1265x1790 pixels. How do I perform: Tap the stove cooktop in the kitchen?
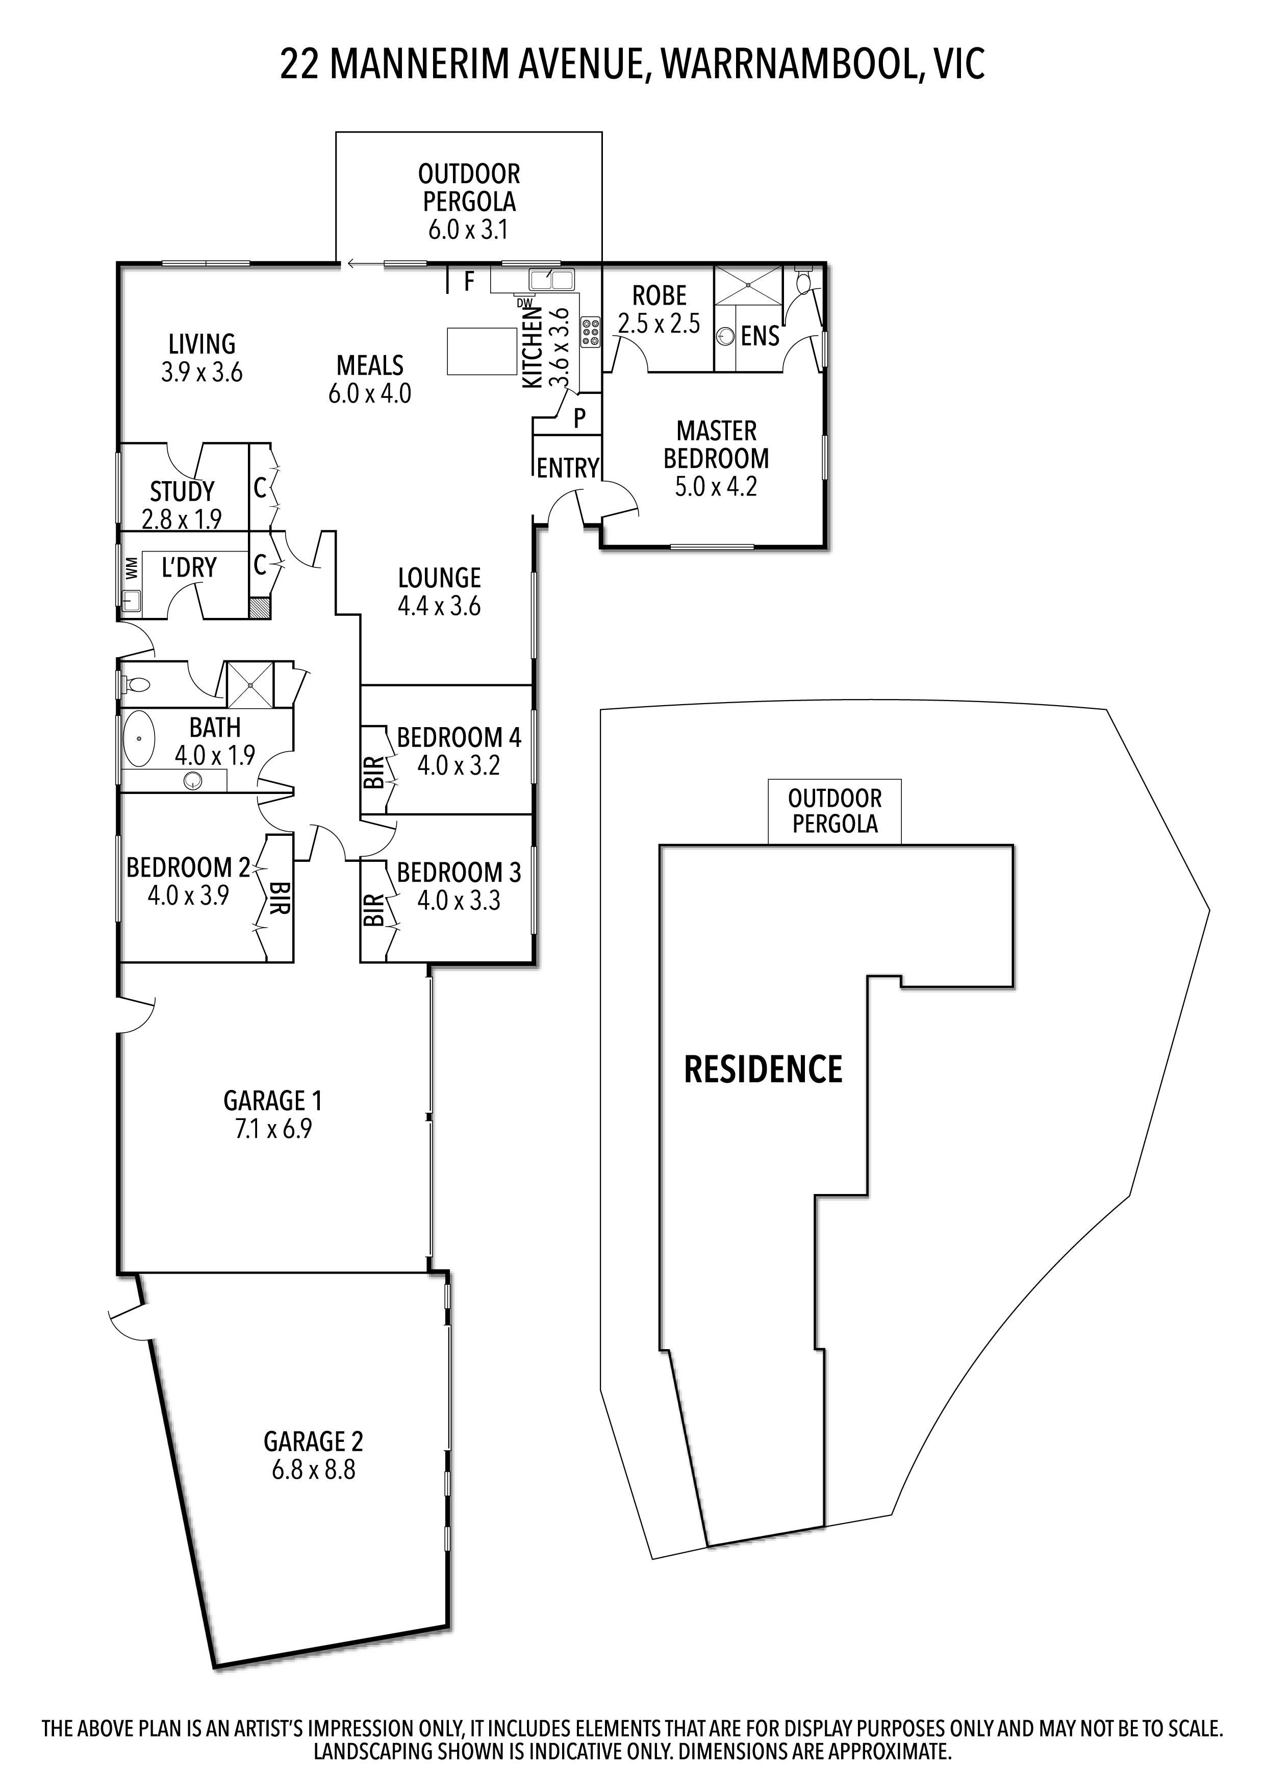(591, 331)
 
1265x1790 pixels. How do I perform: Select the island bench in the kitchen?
(483, 351)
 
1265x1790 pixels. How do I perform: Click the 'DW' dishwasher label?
(524, 303)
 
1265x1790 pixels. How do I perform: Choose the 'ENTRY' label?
(567, 468)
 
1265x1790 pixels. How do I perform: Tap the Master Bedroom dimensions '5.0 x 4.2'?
(716, 486)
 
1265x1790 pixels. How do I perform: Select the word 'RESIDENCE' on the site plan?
(763, 1069)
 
